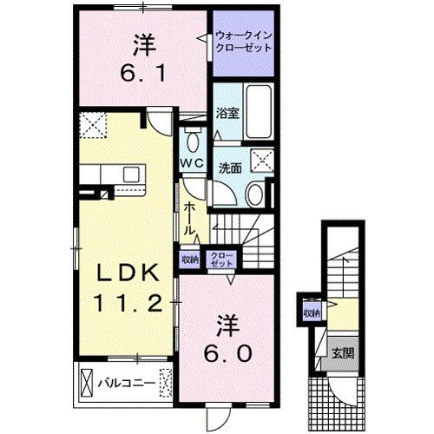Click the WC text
tap(192, 164)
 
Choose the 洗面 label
tap(228, 168)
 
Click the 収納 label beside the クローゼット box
tap(190, 259)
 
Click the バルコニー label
tap(131, 380)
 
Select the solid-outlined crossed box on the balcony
tap(87, 381)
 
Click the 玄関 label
tap(341, 354)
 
